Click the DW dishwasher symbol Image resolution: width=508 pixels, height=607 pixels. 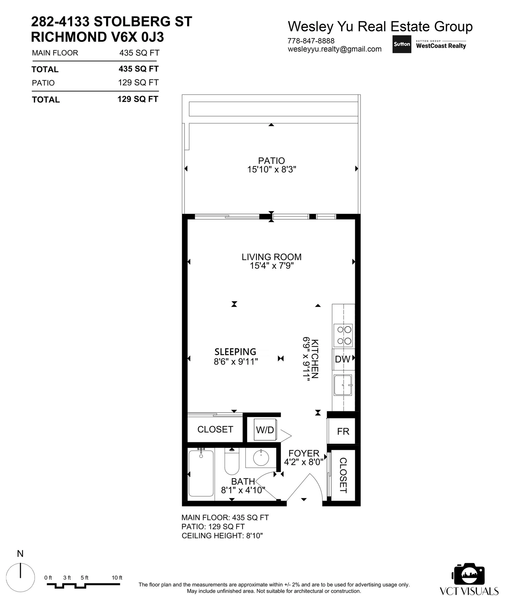[343, 359]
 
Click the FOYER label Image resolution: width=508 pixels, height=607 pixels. [304, 453]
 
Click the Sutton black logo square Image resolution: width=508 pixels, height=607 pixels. [402, 44]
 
